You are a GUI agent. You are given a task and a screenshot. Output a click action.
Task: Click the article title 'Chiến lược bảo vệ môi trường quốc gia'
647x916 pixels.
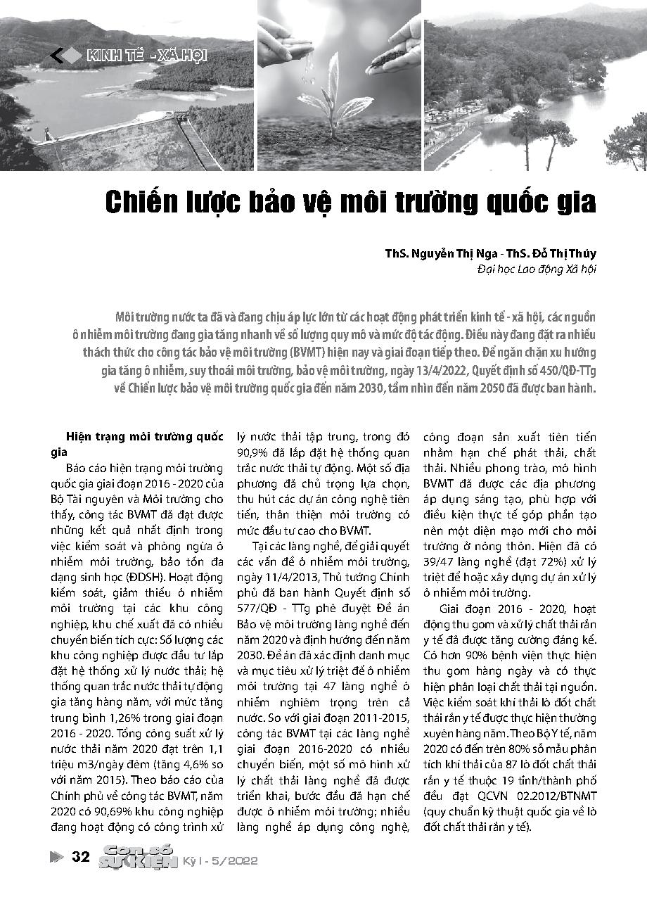[x=350, y=203]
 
